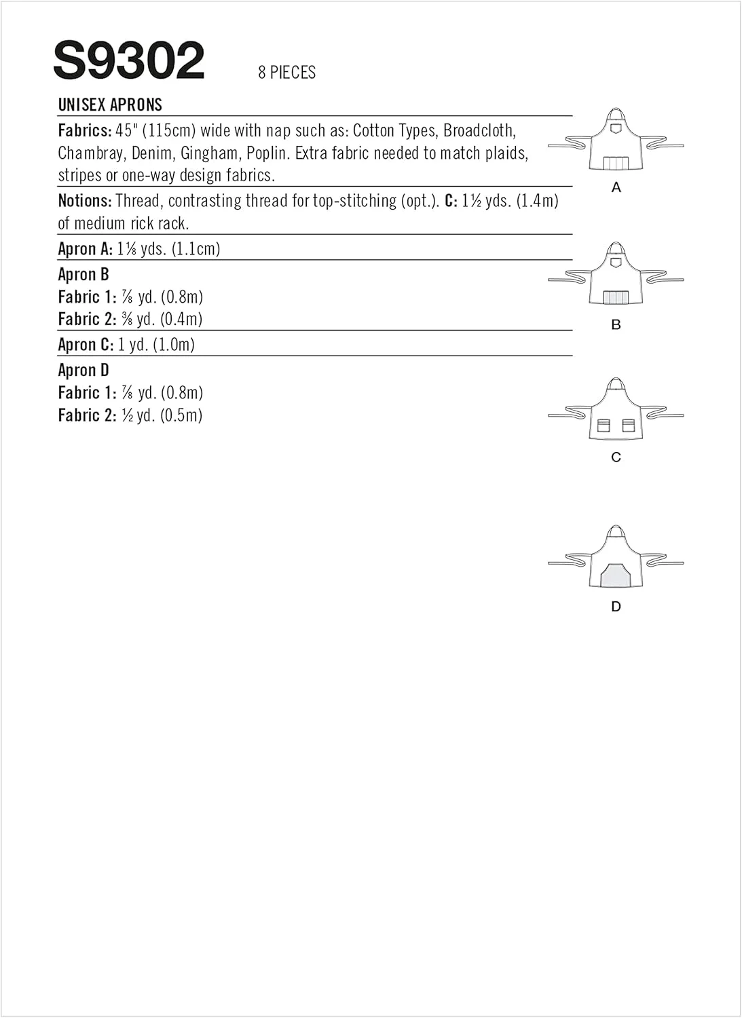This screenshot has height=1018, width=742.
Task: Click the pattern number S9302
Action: pos(128,60)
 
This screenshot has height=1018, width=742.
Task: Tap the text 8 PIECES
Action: pos(286,73)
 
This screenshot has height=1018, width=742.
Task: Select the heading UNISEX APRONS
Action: pos(110,105)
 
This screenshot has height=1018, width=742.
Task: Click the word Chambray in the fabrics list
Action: pos(91,153)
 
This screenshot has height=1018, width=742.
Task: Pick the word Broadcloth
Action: pos(479,130)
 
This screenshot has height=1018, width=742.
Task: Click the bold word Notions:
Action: pos(85,201)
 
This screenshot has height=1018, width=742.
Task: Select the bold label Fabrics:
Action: pos(85,130)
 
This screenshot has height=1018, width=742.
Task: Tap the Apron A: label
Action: pos(86,249)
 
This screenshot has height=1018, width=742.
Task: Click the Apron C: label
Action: pos(86,345)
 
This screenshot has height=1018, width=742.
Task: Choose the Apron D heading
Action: pos(84,371)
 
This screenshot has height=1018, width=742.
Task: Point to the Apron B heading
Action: pos(84,275)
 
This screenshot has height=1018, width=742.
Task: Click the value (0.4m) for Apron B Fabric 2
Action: pos(182,319)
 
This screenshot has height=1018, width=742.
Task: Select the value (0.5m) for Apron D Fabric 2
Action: pos(182,415)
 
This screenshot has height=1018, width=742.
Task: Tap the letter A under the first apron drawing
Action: pos(616,187)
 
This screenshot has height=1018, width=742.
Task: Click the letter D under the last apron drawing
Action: pos(616,607)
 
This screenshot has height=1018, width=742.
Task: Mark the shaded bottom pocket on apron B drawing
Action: pos(616,297)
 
